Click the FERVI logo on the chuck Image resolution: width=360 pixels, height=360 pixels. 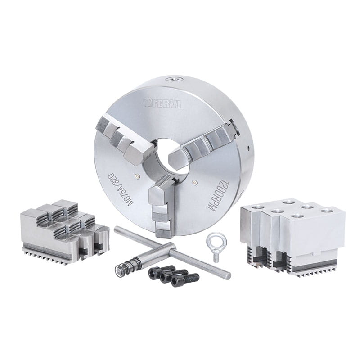click(x=162, y=103)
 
